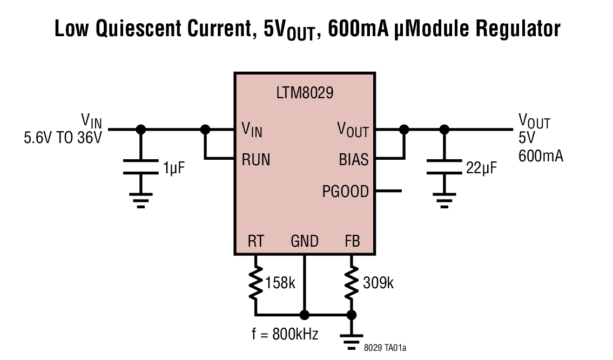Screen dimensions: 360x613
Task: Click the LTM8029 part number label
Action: tap(304, 93)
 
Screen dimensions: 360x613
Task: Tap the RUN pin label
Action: tap(256, 160)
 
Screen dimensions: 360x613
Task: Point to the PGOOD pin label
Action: tap(345, 191)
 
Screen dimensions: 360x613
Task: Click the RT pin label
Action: tap(255, 241)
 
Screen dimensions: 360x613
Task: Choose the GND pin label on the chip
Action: tap(305, 241)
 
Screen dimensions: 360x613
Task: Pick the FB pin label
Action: tap(352, 241)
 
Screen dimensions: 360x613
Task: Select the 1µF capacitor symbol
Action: tap(141, 167)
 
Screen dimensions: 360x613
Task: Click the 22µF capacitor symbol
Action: tap(444, 167)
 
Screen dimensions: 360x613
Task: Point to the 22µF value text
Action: tap(481, 168)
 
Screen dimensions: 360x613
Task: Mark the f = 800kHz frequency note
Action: tap(285, 334)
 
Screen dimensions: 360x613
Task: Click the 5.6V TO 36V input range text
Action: tap(63, 138)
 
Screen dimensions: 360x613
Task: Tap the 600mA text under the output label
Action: tap(541, 157)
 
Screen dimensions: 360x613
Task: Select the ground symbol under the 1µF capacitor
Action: tap(141, 202)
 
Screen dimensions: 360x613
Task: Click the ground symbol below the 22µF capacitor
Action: tap(444, 202)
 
